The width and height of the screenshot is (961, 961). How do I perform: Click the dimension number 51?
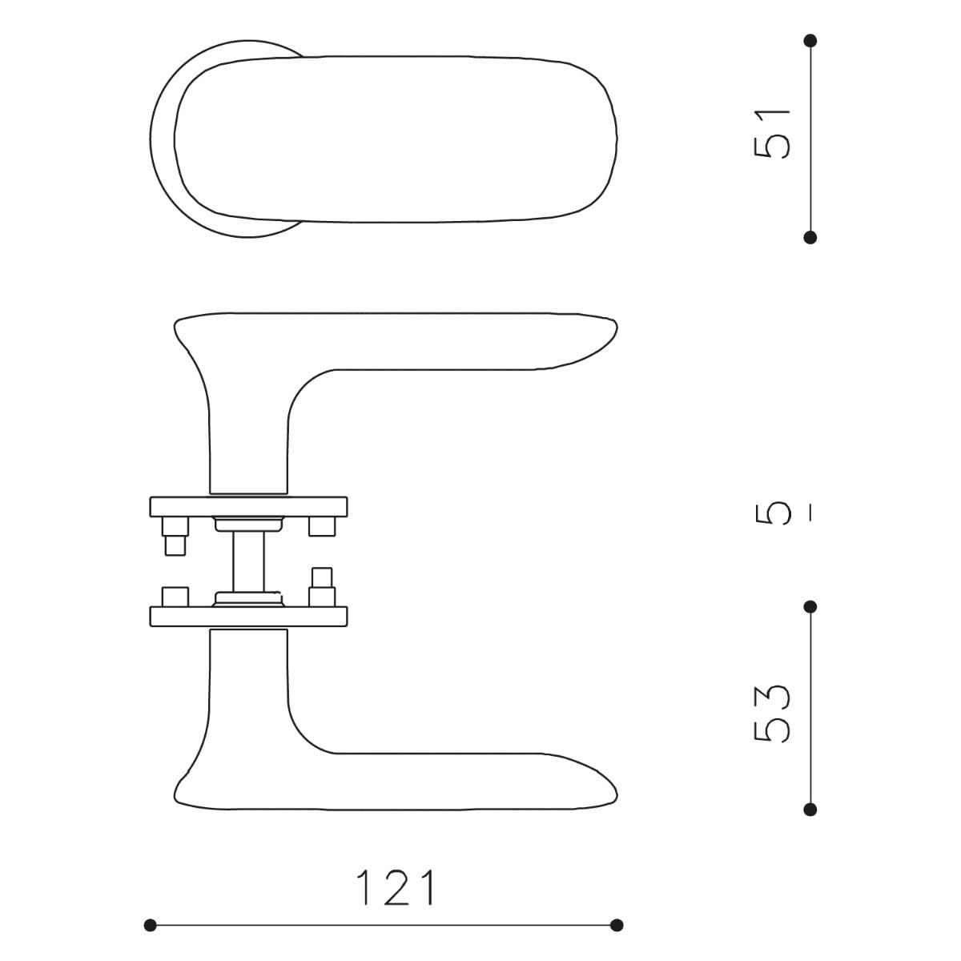point(771,134)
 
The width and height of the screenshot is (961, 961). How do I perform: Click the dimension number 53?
point(771,714)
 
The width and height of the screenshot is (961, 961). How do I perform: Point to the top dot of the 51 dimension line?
point(810,40)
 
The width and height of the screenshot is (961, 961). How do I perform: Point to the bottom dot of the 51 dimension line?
point(810,237)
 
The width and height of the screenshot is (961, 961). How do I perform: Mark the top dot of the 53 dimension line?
point(810,607)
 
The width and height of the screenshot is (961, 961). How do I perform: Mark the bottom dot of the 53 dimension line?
point(810,809)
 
